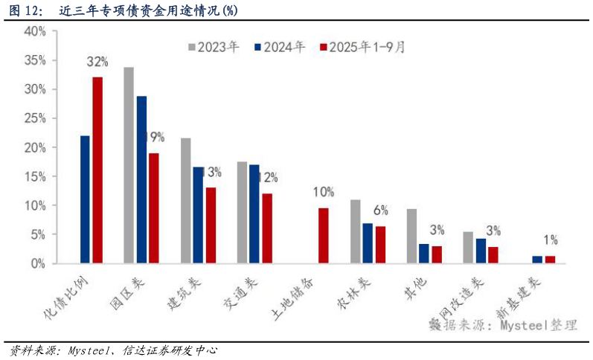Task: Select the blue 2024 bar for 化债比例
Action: [x=85, y=199]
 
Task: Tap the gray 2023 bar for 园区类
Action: [x=129, y=165]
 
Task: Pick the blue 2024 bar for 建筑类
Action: [x=198, y=215]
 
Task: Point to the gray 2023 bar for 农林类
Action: [x=356, y=231]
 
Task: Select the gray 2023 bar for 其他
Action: [x=411, y=236]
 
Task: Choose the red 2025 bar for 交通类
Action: [x=266, y=228]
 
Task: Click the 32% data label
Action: [x=97, y=61]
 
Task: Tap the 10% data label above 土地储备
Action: [x=323, y=192]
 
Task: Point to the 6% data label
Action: [x=381, y=210]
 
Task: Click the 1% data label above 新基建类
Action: [x=551, y=240]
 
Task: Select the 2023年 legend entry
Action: [x=214, y=47]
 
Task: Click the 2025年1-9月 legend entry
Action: [x=362, y=47]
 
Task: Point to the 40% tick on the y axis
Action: [x=35, y=31]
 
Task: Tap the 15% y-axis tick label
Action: [x=35, y=176]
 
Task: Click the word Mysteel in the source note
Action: [x=524, y=325]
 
